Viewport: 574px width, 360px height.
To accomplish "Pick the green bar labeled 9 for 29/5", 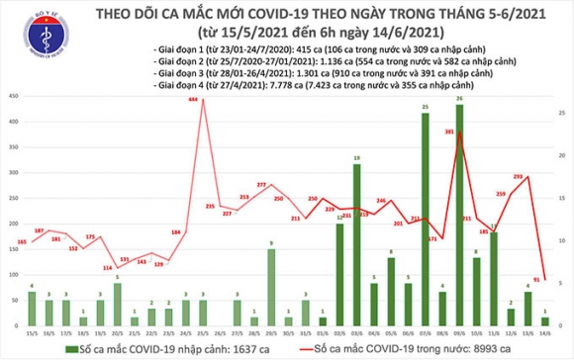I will [x=270, y=287].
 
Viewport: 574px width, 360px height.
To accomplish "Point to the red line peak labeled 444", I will [x=203, y=102].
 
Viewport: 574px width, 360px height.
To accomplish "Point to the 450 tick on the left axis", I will [x=12, y=96].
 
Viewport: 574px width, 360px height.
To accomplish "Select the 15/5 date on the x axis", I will [x=32, y=332].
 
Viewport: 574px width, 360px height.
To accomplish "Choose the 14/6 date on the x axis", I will [x=543, y=332].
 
